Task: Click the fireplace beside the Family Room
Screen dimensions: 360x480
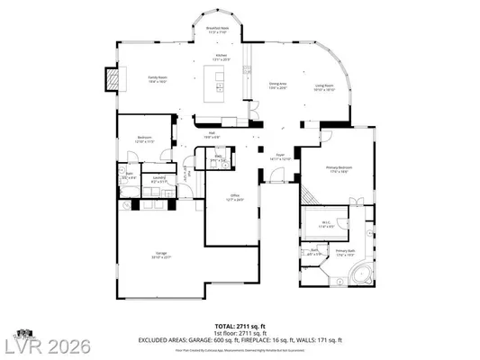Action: point(113,80)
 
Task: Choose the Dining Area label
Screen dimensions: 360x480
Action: point(278,86)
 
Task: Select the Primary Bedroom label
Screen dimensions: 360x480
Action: point(339,170)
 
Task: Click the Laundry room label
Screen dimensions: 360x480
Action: point(158,179)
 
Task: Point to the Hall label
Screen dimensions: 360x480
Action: point(212,135)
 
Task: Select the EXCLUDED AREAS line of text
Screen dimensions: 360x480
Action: point(240,339)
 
